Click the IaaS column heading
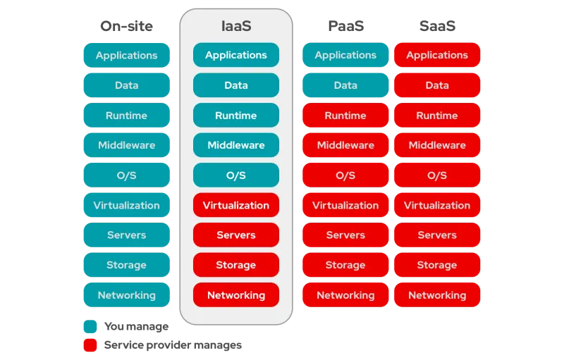pos(235,26)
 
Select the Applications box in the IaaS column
pos(235,55)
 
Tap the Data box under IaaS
pos(235,85)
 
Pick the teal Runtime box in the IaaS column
pos(235,116)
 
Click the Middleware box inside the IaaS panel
pos(235,145)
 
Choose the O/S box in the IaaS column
pos(235,175)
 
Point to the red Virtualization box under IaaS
pos(235,206)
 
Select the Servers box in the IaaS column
pos(235,235)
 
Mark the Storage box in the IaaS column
pos(235,266)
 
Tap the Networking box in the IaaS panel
pos(235,295)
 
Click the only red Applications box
pos(437,55)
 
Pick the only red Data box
pos(437,85)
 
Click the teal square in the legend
pos(90,327)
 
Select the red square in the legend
pos(90,345)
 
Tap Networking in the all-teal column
pos(127,295)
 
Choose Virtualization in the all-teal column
pos(127,206)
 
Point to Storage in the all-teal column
pos(127,266)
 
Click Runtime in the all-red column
pos(437,116)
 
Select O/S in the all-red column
pos(437,175)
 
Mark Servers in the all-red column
pos(437,235)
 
